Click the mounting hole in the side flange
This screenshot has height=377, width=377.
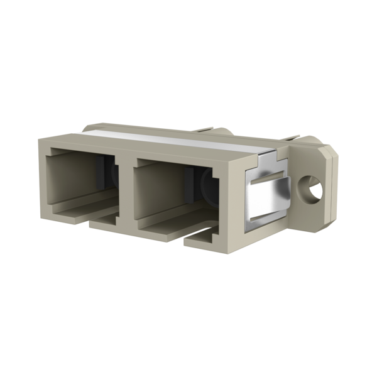pyautogui.click(x=310, y=187)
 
